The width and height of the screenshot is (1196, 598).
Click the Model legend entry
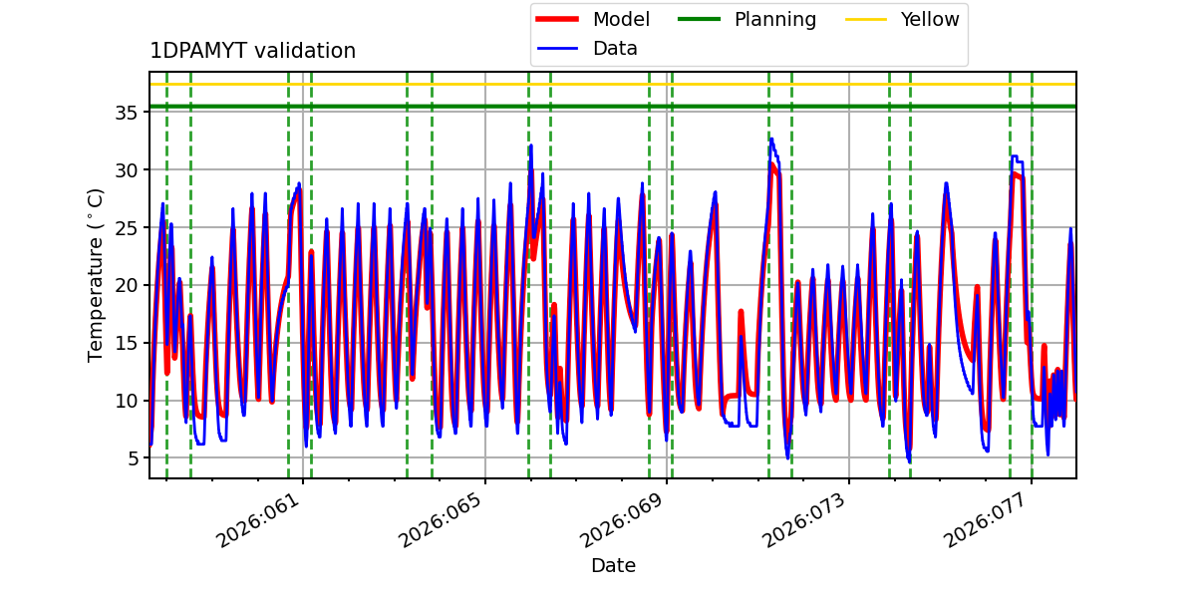pyautogui.click(x=620, y=19)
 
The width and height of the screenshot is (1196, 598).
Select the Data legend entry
pyautogui.click(x=615, y=48)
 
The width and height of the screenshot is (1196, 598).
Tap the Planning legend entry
pyautogui.click(x=774, y=19)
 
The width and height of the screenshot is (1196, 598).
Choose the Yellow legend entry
pyautogui.click(x=929, y=19)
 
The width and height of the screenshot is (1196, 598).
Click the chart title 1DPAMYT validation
pyautogui.click(x=252, y=51)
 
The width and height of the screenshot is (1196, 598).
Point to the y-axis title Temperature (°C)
pyautogui.click(x=97, y=274)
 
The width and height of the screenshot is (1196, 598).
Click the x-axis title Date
pyautogui.click(x=613, y=565)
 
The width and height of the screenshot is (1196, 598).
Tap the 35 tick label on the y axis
pyautogui.click(x=125, y=113)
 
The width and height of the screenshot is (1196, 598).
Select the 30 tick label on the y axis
pyautogui.click(x=125, y=169)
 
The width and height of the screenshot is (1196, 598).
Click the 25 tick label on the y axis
pyautogui.click(x=125, y=227)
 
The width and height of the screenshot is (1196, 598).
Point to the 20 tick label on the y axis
pyautogui.click(x=125, y=285)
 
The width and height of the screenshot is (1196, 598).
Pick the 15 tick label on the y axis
pyautogui.click(x=125, y=343)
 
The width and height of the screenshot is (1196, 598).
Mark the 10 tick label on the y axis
pyautogui.click(x=125, y=401)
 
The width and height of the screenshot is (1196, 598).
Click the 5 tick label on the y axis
pyautogui.click(x=131, y=458)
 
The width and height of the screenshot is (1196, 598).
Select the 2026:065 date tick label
pyautogui.click(x=441, y=521)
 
